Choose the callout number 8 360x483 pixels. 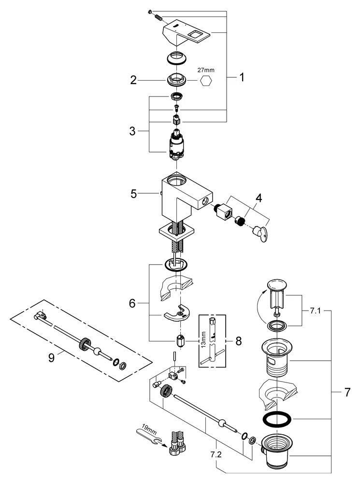tap(239, 341)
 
